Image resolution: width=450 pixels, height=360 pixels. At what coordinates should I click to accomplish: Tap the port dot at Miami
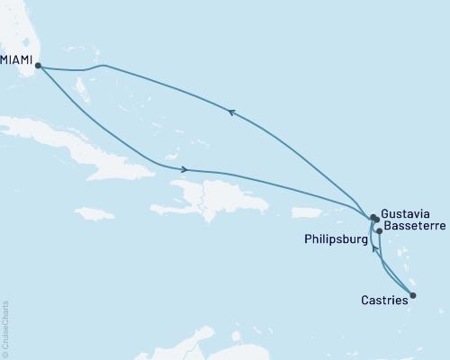(37, 65)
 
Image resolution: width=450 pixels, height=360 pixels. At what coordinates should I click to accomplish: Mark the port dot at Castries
(413, 295)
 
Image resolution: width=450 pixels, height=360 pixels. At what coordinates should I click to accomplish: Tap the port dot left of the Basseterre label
(379, 231)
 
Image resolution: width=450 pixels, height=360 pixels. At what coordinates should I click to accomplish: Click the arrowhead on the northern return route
(231, 112)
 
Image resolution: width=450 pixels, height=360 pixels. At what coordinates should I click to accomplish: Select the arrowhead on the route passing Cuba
(184, 169)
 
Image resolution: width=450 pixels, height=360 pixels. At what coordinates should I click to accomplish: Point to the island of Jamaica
(94, 214)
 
